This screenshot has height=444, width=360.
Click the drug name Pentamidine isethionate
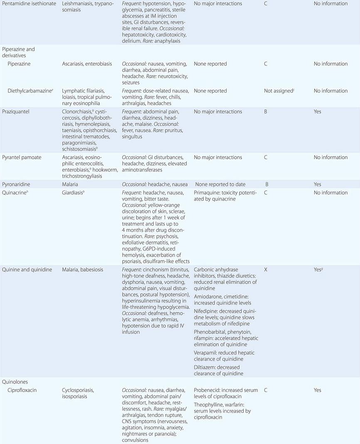click(x=29, y=3)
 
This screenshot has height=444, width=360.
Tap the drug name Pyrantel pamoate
click(x=23, y=157)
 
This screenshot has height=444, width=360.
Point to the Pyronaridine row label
click(x=18, y=184)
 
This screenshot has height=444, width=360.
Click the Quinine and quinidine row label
click(x=27, y=270)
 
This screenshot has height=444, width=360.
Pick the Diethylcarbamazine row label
click(x=30, y=91)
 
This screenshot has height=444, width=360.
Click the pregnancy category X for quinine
click(x=266, y=270)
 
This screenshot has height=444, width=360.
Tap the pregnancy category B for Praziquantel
click(x=266, y=111)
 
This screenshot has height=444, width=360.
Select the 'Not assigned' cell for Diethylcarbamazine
click(x=279, y=91)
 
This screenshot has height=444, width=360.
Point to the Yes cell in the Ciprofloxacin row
click(x=318, y=390)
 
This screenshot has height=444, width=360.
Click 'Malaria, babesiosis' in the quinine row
click(x=85, y=270)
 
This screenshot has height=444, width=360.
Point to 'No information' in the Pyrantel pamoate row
click(x=330, y=157)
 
